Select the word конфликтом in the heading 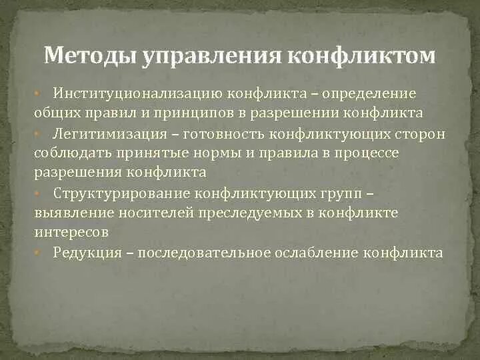tap(362, 55)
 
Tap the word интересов tap(71, 233)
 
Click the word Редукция tap(87, 253)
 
